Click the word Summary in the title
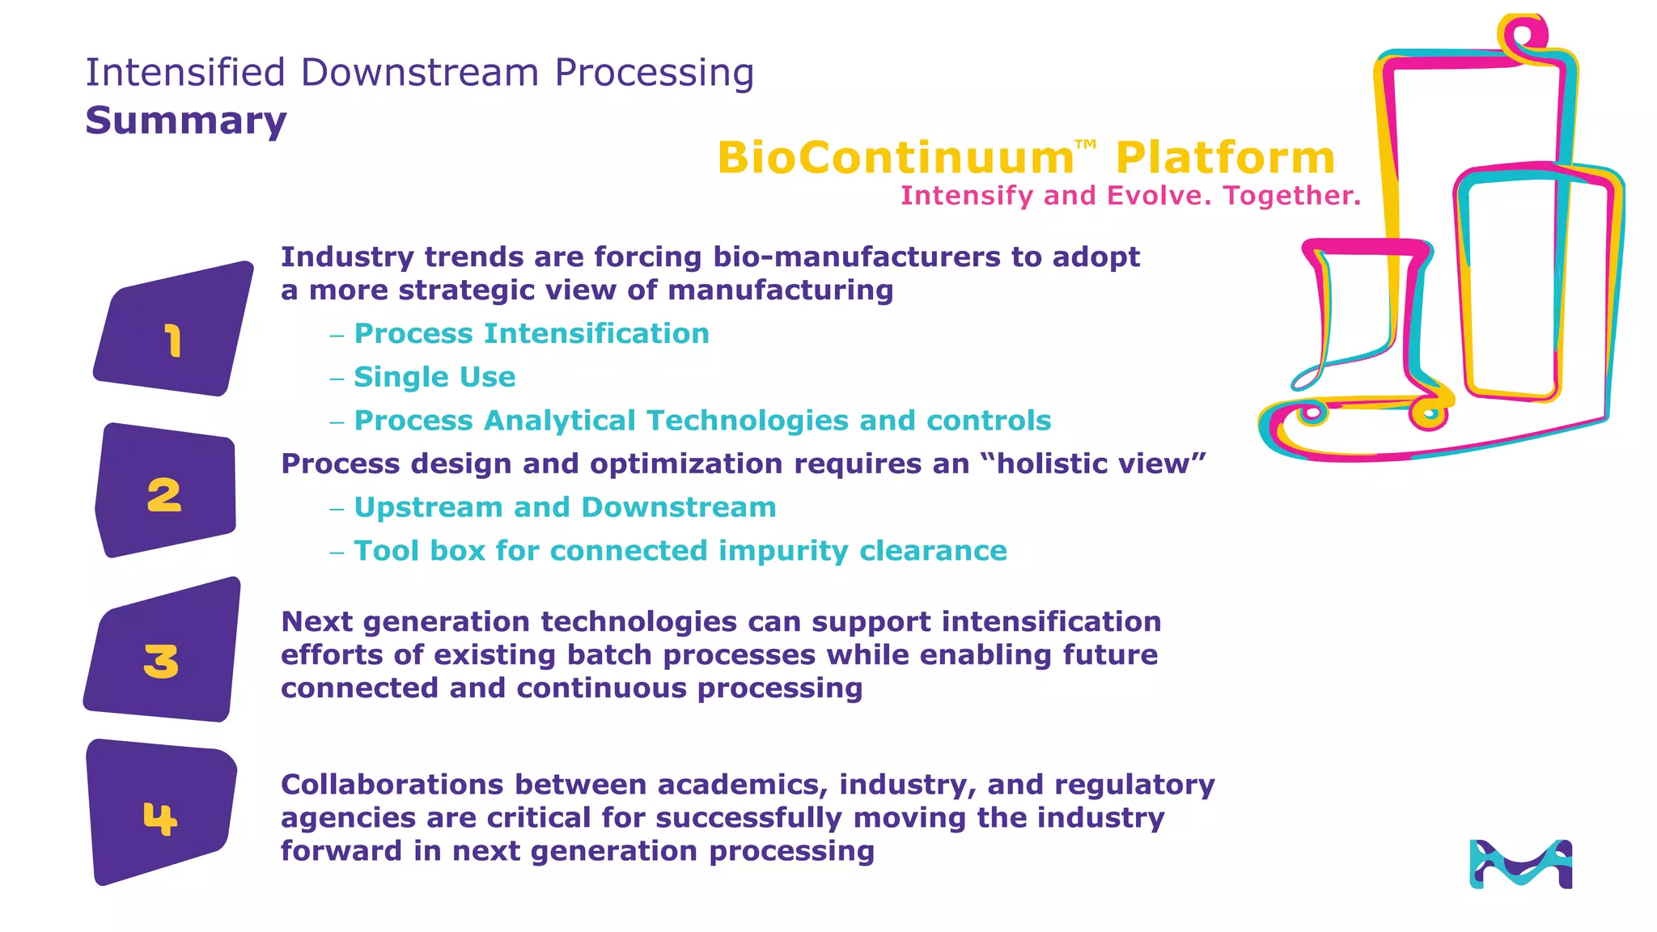(186, 121)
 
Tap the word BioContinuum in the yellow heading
(895, 158)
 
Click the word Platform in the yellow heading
(1225, 158)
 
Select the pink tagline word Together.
(1292, 196)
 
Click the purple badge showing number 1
(172, 332)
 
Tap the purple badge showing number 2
(166, 492)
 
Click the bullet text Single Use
(434, 377)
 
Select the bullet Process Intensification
(532, 333)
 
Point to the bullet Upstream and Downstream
(565, 507)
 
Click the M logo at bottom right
(1520, 864)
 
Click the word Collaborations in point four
(392, 785)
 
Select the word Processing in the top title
(654, 73)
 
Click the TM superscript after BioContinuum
(1086, 145)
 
